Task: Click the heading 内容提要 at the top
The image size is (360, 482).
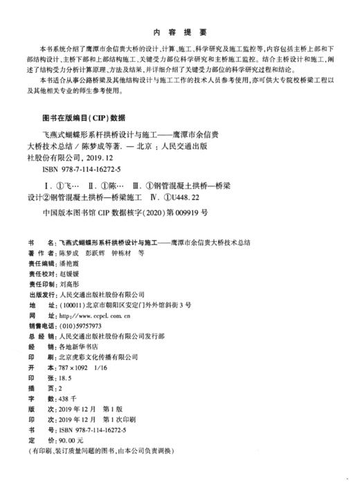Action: pos(179,32)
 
